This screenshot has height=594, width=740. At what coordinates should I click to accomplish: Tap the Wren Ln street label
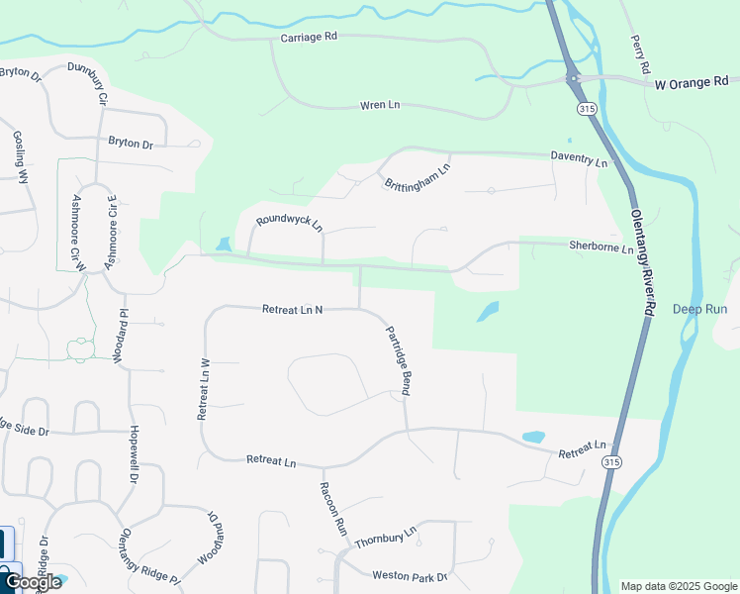tap(380, 104)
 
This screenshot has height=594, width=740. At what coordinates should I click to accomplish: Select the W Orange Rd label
tap(697, 83)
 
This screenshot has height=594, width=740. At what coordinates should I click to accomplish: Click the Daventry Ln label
tap(580, 157)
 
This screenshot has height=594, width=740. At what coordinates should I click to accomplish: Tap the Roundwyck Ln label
tap(290, 224)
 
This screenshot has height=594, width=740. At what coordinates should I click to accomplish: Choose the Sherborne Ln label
tap(601, 247)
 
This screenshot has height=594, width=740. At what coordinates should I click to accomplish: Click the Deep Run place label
tap(700, 309)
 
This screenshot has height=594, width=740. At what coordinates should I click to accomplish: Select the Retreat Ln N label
tap(293, 310)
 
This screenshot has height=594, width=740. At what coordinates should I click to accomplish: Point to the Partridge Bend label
tap(398, 361)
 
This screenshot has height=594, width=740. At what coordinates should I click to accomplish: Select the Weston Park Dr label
tap(410, 575)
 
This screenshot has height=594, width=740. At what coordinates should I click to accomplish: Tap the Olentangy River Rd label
tap(645, 261)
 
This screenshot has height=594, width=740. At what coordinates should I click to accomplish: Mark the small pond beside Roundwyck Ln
tap(224, 245)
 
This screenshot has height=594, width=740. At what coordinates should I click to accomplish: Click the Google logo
tap(33, 582)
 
